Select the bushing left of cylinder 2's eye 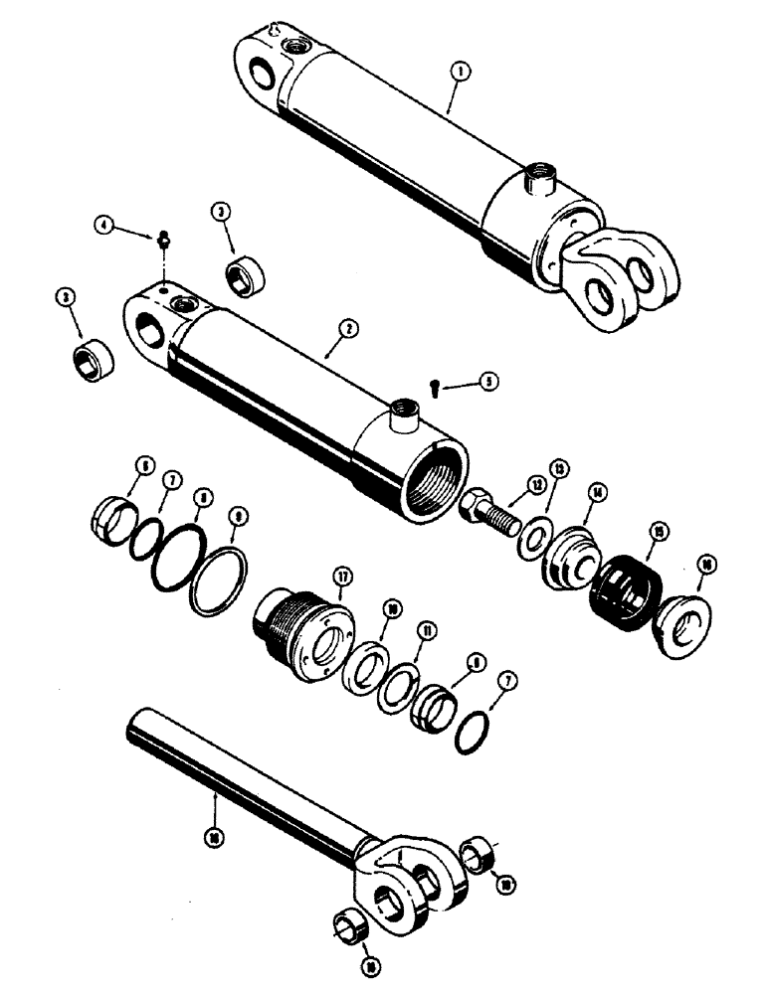[x=96, y=354]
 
